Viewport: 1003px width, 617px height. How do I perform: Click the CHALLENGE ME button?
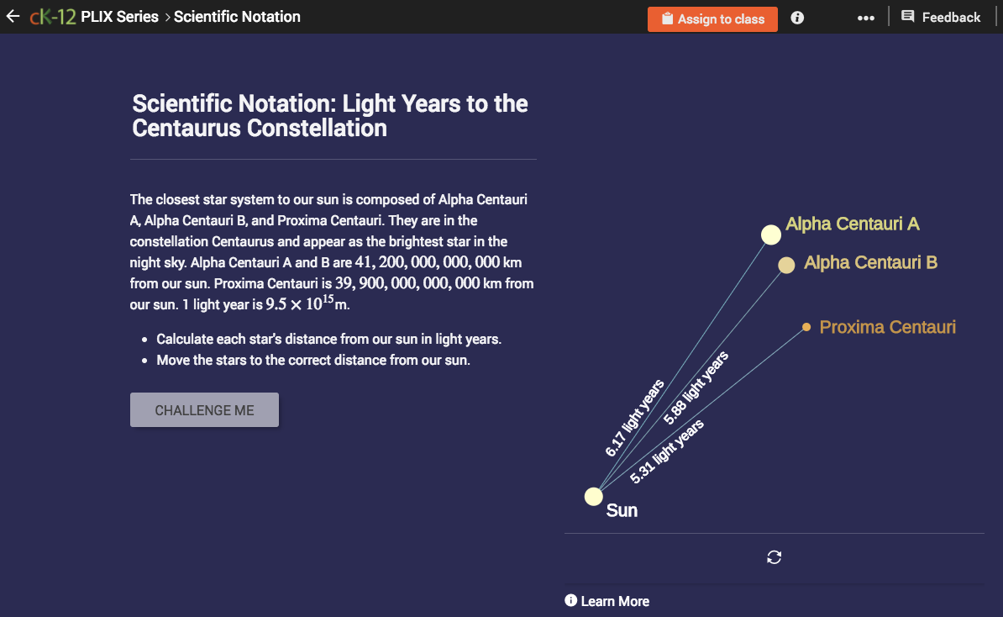point(204,410)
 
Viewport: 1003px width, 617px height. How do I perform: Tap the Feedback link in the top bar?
point(941,18)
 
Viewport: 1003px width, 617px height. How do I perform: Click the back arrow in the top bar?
point(13,17)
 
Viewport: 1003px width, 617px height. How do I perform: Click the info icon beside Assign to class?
point(797,18)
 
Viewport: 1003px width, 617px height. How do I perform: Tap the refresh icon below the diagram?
point(775,557)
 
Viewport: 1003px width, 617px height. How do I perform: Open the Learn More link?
point(607,601)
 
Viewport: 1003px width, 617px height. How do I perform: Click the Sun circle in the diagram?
point(594,496)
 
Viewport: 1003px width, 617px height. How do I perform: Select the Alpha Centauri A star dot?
point(771,235)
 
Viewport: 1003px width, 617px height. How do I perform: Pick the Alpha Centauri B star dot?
point(786,266)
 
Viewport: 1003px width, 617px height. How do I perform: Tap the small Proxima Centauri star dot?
point(806,327)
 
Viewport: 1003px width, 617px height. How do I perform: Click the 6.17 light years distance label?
point(635,418)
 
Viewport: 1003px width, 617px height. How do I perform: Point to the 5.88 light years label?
point(696,388)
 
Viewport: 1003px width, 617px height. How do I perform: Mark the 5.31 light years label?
point(667,451)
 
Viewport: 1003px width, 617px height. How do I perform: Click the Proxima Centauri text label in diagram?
point(887,327)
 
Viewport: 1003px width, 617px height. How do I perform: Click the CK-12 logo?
point(53,17)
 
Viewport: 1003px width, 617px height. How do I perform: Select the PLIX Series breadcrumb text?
point(119,17)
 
